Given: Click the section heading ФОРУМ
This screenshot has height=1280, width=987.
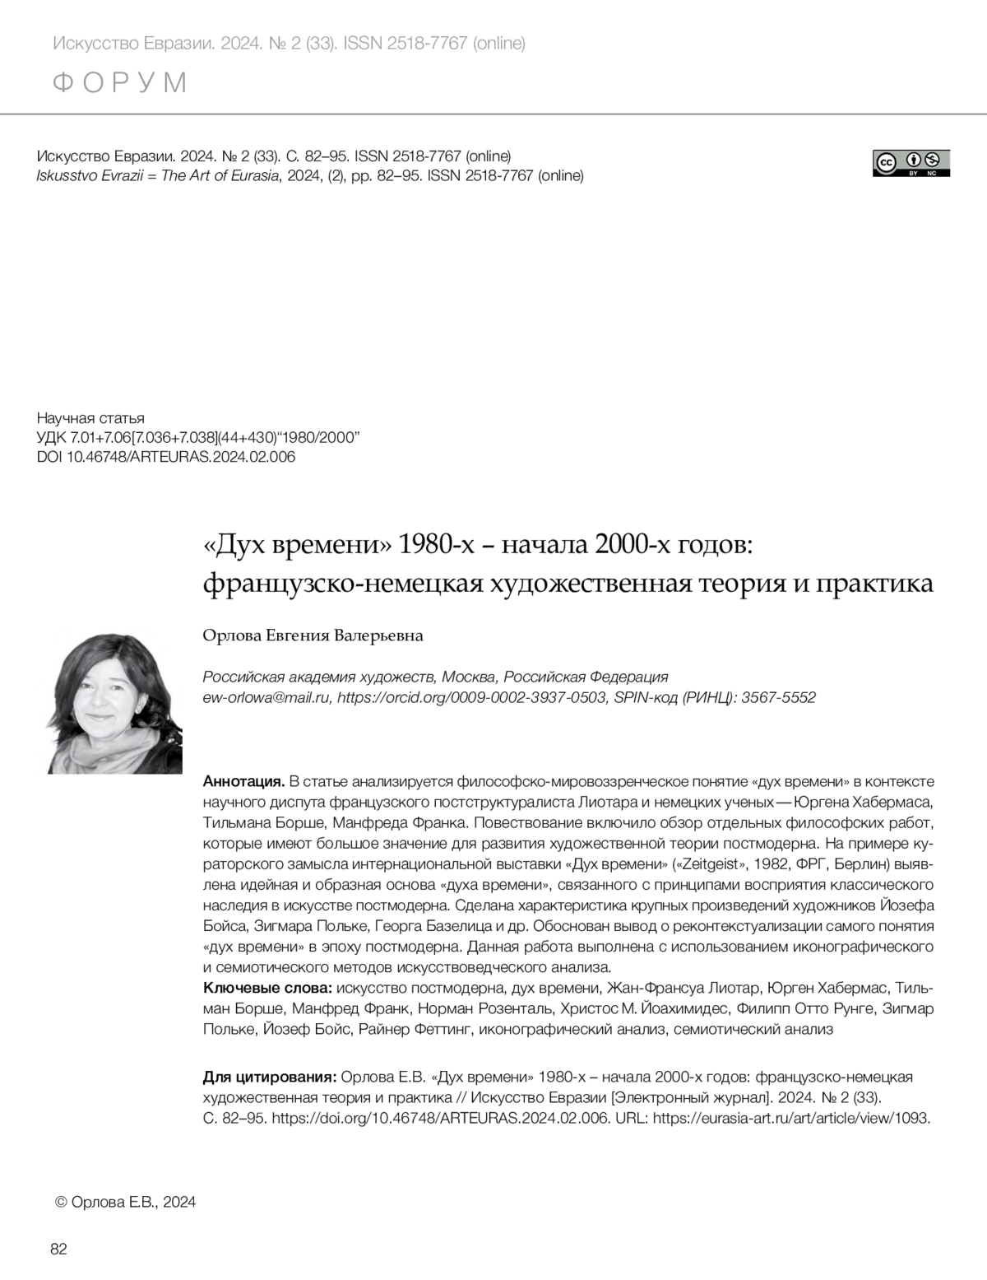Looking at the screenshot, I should (120, 82).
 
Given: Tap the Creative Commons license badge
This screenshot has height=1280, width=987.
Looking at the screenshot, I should (911, 163).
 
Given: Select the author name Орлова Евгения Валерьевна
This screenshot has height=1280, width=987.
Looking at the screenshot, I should (313, 635).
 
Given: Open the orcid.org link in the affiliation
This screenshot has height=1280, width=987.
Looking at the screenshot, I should (472, 697).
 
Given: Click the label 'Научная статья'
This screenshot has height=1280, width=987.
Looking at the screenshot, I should (90, 418).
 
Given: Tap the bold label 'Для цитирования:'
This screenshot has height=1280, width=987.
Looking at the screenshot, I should (269, 1078).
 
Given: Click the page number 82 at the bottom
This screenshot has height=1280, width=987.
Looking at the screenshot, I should (58, 1250).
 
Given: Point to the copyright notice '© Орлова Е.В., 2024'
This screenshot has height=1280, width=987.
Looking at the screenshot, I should (125, 1202).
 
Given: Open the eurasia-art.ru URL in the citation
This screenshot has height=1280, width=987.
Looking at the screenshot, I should (790, 1118).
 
